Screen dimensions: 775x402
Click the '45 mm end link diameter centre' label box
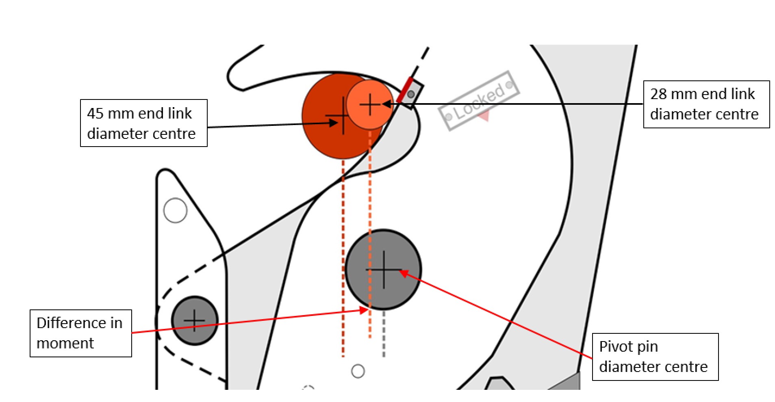pos(144,123)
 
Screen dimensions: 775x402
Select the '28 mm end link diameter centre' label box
pos(706,104)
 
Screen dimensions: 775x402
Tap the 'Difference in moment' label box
pos(81,333)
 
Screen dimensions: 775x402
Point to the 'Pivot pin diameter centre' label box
pos(655,357)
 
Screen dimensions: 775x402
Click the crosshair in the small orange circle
pos(370,104)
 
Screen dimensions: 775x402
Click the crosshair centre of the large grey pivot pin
pos(384,270)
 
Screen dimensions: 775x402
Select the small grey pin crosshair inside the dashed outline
pos(195,320)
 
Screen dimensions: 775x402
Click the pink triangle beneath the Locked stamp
pos(484,117)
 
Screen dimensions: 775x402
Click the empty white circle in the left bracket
pos(175,210)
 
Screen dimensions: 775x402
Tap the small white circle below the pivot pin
pos(358,371)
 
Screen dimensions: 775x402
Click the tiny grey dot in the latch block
pos(411,95)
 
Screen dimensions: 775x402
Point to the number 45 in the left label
pos(96,113)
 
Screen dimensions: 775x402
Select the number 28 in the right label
pos(659,94)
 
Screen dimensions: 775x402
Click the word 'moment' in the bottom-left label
pos(65,344)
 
